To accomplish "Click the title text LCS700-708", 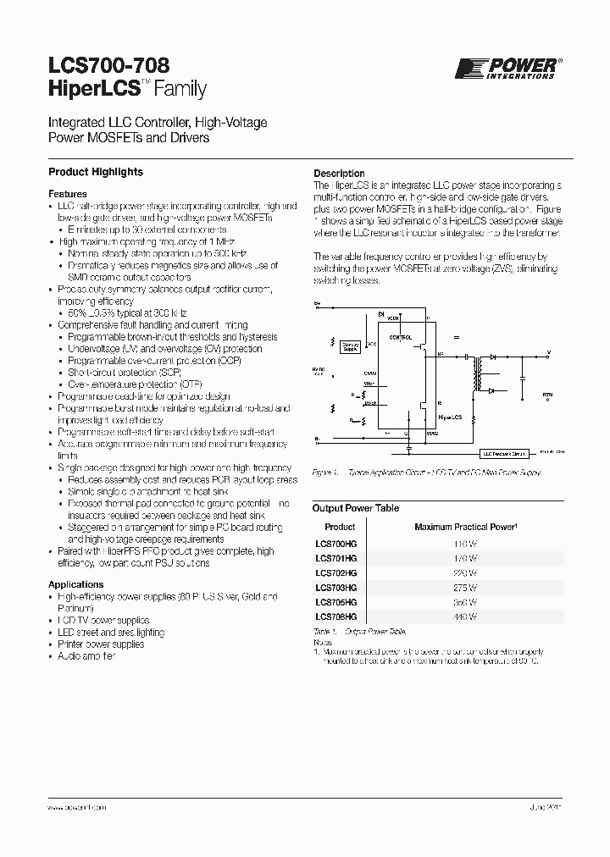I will coord(108,64).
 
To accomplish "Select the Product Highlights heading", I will coord(96,172).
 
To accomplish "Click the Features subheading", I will coord(68,194).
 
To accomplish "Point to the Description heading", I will coord(339,174).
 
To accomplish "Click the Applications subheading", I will coord(75,584).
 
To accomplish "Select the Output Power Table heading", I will coord(356,508).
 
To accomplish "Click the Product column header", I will coord(341,527).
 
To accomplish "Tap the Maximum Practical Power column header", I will coord(465,527).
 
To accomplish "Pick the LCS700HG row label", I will coord(336,542).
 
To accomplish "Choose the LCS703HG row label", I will coord(336,587).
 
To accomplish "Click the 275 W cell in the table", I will coord(465,587).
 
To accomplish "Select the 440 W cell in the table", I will coord(465,617).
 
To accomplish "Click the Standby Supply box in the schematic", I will coord(349,346).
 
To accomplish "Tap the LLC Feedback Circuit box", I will coord(504,454).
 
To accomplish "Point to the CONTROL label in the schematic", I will coord(401,336).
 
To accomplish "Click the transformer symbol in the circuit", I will coord(489,373).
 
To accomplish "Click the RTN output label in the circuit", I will coord(546,395).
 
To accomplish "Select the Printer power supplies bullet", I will coord(103,644).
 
